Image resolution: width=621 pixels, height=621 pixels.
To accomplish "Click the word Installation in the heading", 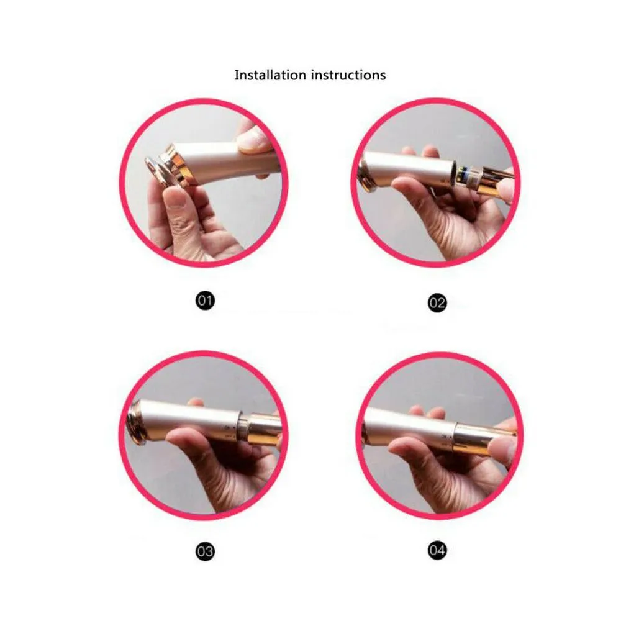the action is tap(270, 75).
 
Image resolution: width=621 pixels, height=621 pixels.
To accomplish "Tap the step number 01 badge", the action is tap(205, 301).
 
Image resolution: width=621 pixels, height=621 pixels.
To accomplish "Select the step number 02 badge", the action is tap(437, 303).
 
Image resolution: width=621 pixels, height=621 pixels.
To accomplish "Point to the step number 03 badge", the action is tap(205, 551).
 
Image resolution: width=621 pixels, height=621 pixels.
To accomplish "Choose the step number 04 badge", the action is tap(437, 550).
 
